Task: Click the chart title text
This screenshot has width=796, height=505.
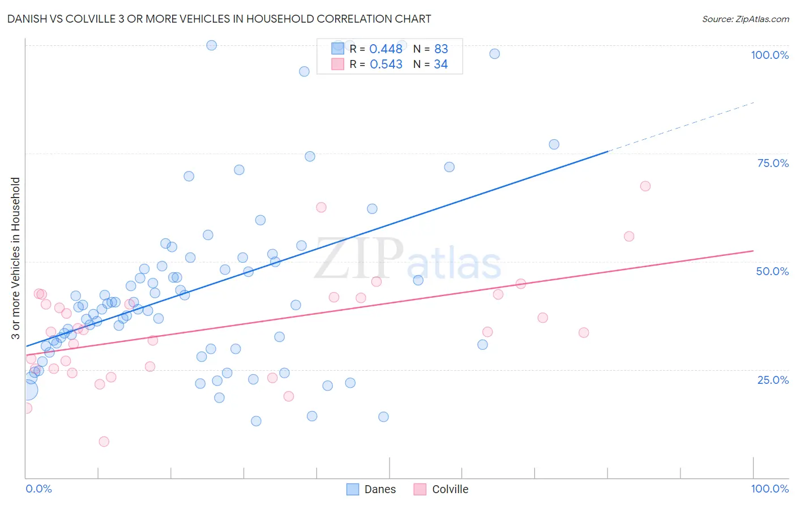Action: pyautogui.click(x=219, y=19)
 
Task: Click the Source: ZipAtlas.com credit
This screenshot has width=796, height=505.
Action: pyautogui.click(x=745, y=19)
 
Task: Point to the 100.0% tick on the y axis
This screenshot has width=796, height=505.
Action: pyautogui.click(x=769, y=55)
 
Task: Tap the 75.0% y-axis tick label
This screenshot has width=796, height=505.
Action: pyautogui.click(x=773, y=163)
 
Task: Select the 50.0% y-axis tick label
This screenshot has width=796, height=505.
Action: pyautogui.click(x=772, y=271)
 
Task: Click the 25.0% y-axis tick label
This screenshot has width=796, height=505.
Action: pyautogui.click(x=773, y=379)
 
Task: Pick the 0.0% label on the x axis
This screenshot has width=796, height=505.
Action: pyautogui.click(x=38, y=489)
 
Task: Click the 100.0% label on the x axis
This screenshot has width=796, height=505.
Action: pyautogui.click(x=769, y=489)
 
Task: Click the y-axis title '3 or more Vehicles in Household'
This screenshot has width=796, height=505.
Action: pyautogui.click(x=16, y=258)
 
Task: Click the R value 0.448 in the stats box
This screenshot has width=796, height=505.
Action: pyautogui.click(x=386, y=49)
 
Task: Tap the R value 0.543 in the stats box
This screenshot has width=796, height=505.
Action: pyautogui.click(x=386, y=65)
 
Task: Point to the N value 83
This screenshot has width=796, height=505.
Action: pyautogui.click(x=441, y=49)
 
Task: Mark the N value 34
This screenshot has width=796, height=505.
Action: pyautogui.click(x=441, y=65)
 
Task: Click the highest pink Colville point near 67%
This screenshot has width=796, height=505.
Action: pyautogui.click(x=645, y=186)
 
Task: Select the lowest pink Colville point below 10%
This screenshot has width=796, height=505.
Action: pyautogui.click(x=104, y=442)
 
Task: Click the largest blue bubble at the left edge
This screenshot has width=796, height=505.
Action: pyautogui.click(x=27, y=390)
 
